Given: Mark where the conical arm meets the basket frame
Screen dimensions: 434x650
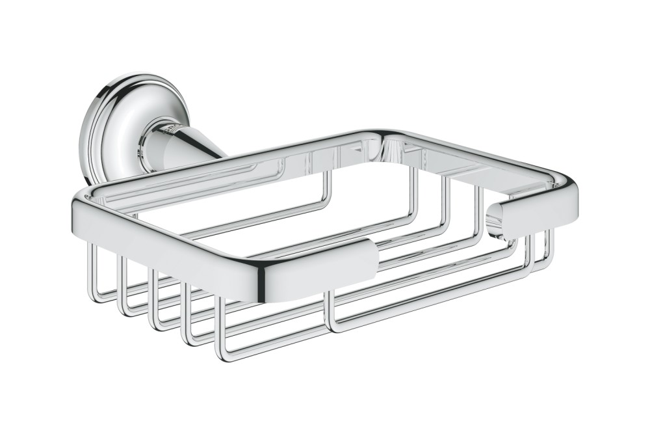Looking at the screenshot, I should click(224, 156).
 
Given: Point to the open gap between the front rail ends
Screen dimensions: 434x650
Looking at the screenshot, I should click(435, 237).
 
